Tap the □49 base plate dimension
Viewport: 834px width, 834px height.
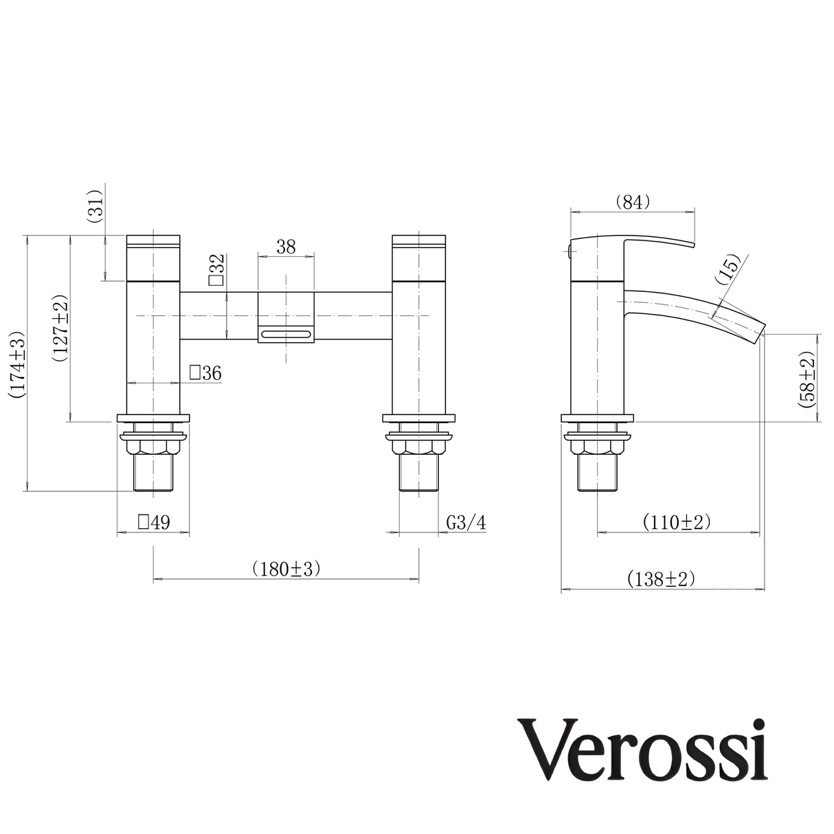point(153,522)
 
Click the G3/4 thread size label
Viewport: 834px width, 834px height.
point(466,522)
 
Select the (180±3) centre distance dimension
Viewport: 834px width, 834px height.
point(286,569)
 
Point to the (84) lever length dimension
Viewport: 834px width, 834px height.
point(632,202)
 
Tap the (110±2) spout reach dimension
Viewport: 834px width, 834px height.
point(677,522)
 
